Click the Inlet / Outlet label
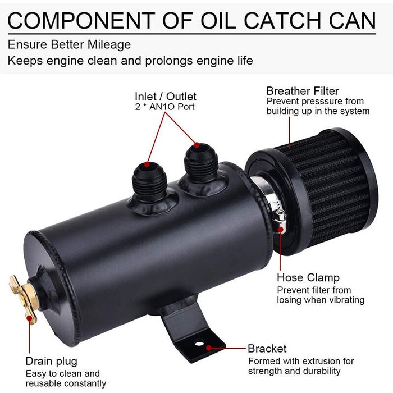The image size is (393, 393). [166, 97]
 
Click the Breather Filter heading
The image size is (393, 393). [303, 91]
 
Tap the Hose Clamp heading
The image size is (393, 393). [308, 278]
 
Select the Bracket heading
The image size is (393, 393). [267, 349]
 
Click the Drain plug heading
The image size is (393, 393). [51, 361]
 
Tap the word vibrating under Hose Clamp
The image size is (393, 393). [343, 300]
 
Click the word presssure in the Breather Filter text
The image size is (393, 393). [326, 102]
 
